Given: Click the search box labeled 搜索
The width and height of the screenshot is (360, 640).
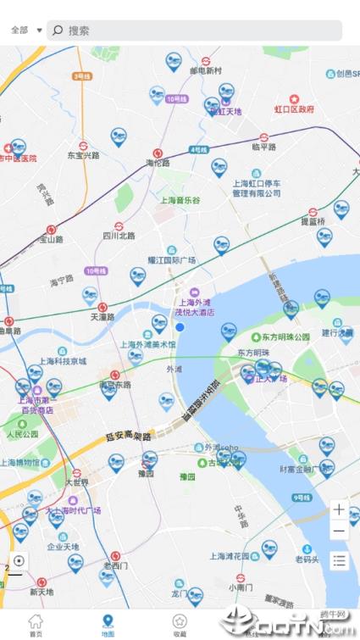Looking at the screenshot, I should pos(195,31).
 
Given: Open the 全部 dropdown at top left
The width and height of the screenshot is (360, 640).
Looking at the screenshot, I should pos(26,31).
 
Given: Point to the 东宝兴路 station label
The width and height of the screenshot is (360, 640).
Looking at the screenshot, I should pos(83,156).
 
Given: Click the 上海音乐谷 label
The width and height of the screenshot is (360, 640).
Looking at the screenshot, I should pos(180,200).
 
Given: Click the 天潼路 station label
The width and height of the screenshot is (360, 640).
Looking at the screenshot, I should pos(102,317).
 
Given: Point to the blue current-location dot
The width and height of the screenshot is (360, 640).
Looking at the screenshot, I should pos(180,327).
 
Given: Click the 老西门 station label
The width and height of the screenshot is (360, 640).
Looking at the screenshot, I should pos(115,565).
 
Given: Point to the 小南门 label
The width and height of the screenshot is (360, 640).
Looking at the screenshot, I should pos(241,586).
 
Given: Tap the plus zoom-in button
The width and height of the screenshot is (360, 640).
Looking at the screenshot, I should pos(339,510).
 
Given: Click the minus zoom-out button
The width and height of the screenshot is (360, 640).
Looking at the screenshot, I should pos(339,531).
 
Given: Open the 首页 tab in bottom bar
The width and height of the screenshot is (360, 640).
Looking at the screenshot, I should pos(35,625).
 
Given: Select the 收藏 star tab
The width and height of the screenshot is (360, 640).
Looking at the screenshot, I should pos(180,625).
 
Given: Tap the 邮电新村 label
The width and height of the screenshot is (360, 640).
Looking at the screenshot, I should pos(206,70).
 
